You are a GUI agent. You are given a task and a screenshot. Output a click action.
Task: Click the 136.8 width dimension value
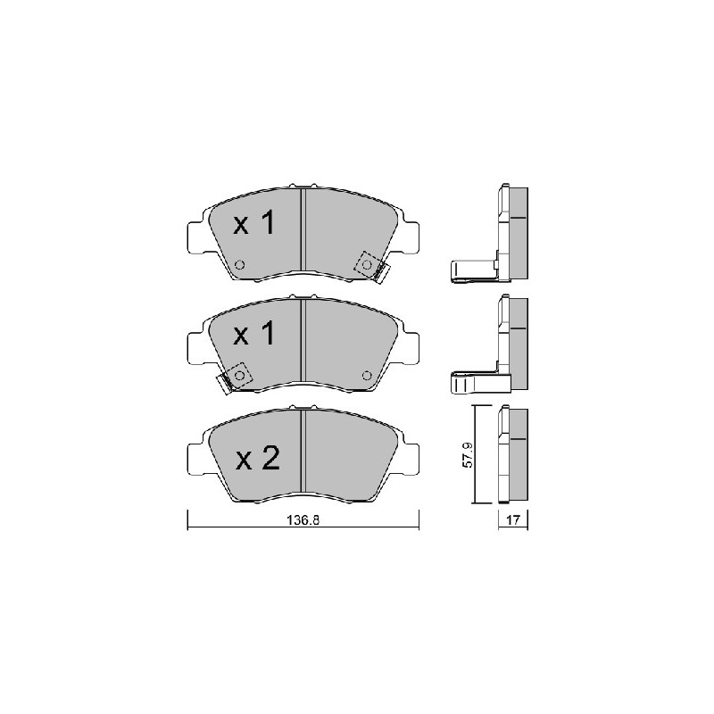[303, 520]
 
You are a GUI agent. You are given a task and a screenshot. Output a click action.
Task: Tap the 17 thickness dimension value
[512, 520]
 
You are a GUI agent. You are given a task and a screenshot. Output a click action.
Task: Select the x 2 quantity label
[258, 458]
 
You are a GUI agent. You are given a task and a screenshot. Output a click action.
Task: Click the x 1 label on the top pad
[254, 222]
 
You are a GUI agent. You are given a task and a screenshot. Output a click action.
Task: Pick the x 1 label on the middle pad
[254, 334]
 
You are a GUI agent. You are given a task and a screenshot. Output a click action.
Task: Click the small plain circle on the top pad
[239, 264]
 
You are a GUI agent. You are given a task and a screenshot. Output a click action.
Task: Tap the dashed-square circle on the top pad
[367, 264]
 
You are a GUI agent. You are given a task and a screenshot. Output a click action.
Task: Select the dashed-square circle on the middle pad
[239, 375]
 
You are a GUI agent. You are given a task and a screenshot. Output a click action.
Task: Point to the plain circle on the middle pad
[367, 375]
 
